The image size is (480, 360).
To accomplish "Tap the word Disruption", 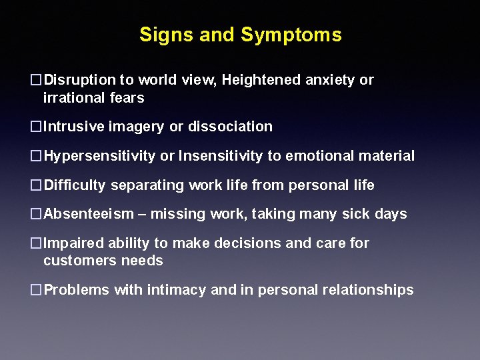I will click(79, 80).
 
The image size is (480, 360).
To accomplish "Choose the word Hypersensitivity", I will click(100, 156).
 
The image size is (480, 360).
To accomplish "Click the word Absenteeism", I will click(89, 215).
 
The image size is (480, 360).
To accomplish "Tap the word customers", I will click(75, 261).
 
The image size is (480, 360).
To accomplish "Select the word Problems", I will click(77, 290).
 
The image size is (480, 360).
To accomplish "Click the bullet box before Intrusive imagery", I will click(37, 127).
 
